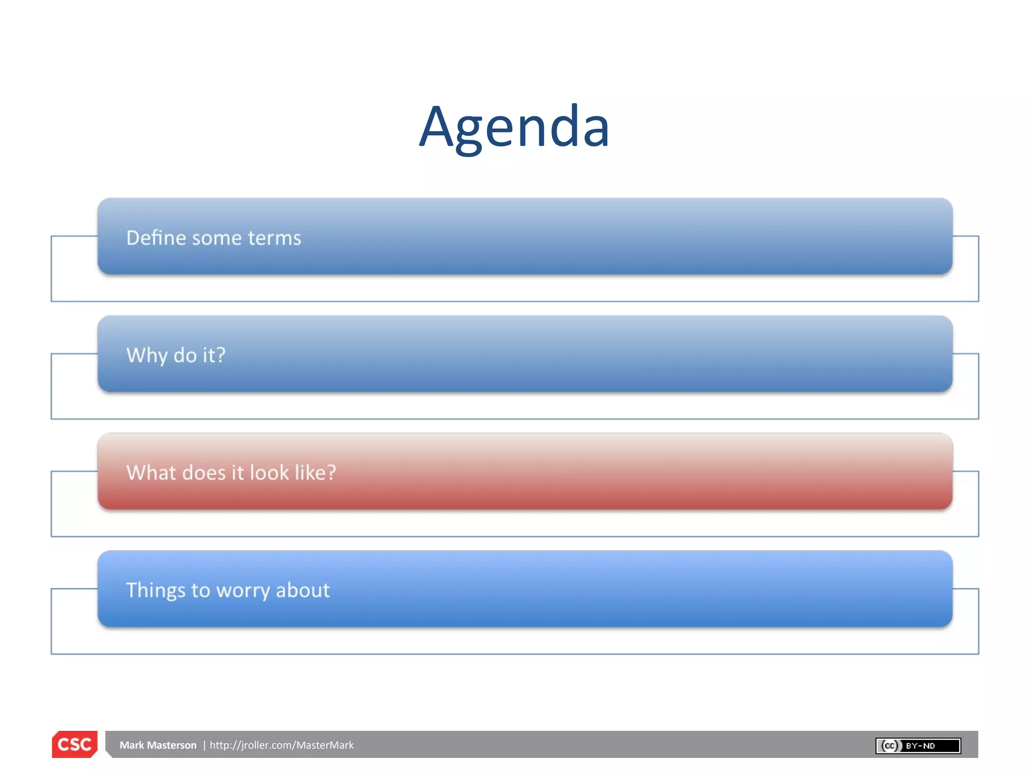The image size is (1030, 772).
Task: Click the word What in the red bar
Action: coord(150,472)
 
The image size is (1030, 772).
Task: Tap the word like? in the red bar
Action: coord(315,472)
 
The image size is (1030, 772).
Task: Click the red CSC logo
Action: coord(74,744)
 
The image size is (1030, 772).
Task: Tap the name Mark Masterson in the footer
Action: coord(158,745)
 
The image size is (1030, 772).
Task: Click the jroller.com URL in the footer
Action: coord(282,745)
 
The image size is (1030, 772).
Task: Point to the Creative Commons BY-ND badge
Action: coord(918,746)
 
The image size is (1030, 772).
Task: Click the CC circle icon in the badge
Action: coord(890,746)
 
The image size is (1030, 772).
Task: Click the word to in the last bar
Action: coord(200,591)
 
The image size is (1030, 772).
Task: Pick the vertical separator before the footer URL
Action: coord(204,745)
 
